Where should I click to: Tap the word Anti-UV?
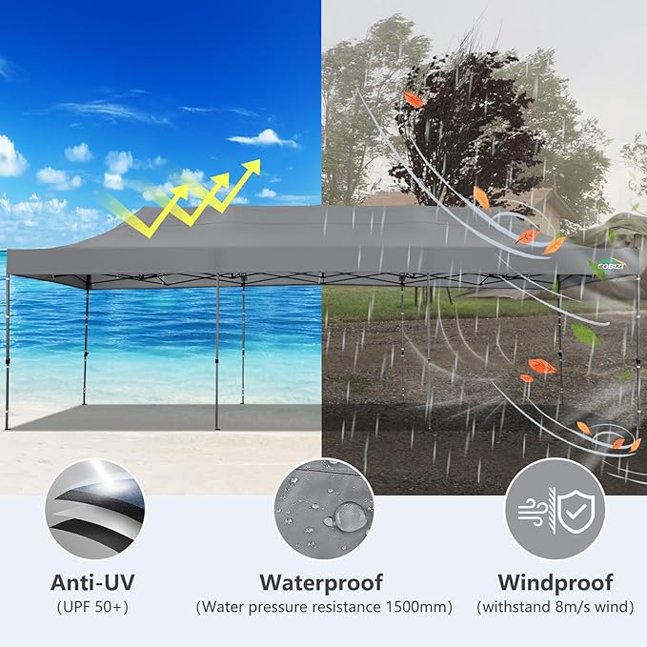click(x=92, y=582)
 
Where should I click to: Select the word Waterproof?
click(x=321, y=583)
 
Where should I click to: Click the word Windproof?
click(x=555, y=583)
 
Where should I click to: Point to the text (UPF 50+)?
click(x=92, y=607)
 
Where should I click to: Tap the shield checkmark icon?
click(x=576, y=512)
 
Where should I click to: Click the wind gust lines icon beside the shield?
click(x=532, y=512)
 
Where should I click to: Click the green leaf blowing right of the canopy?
click(x=584, y=334)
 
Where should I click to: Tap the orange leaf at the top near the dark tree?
click(x=413, y=99)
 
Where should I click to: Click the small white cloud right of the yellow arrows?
click(x=267, y=193)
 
